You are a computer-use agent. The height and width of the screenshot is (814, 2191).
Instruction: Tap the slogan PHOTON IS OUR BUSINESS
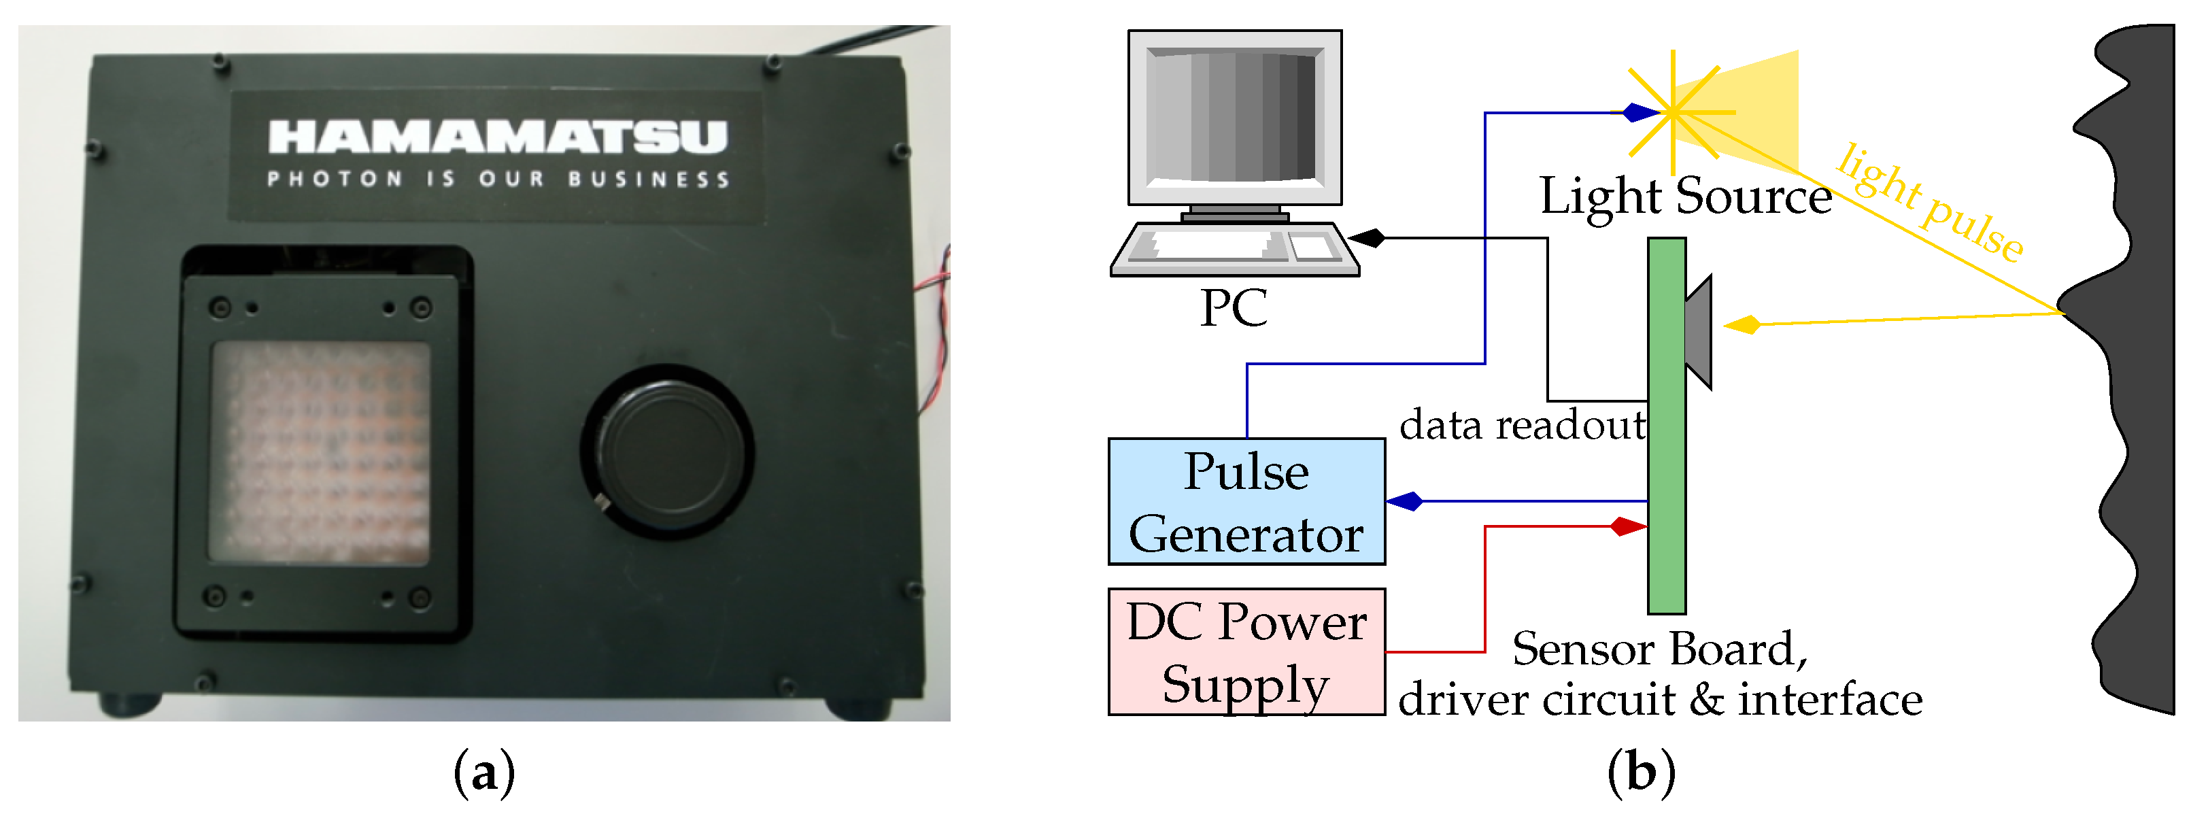click(x=498, y=180)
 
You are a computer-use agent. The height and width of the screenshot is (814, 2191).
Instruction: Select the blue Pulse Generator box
click(x=1246, y=502)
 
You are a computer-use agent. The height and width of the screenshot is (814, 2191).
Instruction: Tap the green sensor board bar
click(x=1666, y=425)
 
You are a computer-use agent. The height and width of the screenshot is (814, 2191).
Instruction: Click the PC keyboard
click(x=1234, y=249)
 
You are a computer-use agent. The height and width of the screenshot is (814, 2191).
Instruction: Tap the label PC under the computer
click(x=1234, y=308)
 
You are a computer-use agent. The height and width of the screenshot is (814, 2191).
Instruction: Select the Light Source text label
click(x=1685, y=197)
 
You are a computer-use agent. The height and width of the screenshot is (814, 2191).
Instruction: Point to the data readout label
click(x=1523, y=424)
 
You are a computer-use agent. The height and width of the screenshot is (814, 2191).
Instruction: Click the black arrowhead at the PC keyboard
click(x=1367, y=238)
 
